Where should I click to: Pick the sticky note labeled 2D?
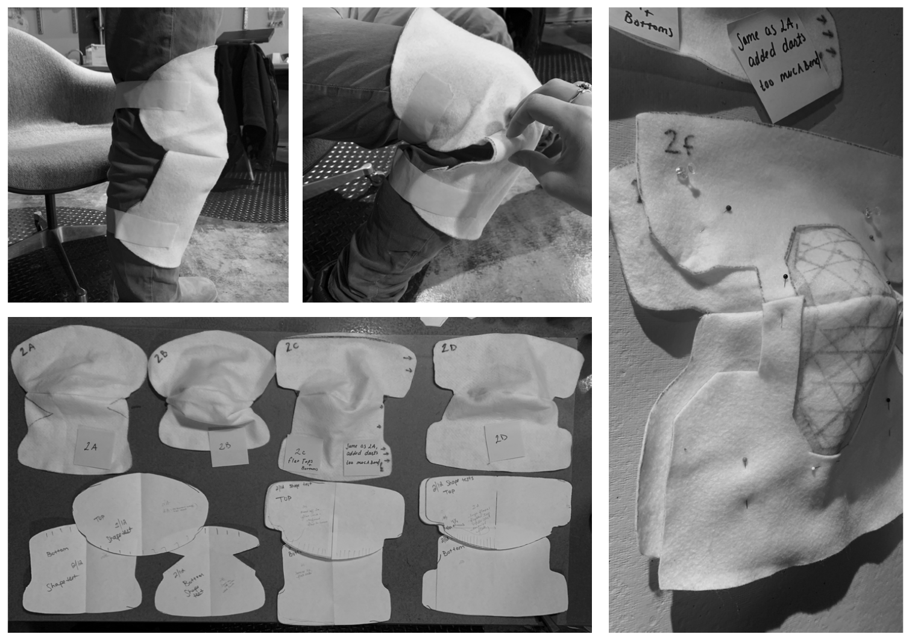click(502, 439)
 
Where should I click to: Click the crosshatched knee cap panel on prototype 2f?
click(844, 337)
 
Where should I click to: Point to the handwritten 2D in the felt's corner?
click(449, 348)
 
